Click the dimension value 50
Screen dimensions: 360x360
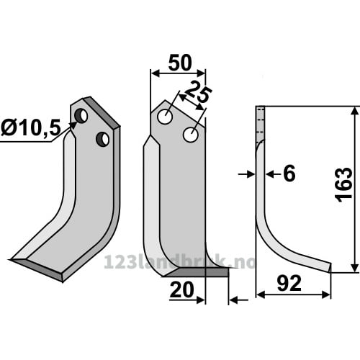[180, 63]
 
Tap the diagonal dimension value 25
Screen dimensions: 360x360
[199, 92]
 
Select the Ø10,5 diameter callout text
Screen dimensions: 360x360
[31, 127]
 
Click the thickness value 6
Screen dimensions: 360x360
[289, 174]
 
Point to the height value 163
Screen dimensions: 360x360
[343, 185]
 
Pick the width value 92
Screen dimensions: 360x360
[289, 284]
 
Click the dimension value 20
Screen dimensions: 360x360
[181, 289]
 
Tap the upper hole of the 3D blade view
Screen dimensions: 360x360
[81, 116]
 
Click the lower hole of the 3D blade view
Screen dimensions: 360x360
[103, 139]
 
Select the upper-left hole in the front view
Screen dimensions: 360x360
[165, 117]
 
